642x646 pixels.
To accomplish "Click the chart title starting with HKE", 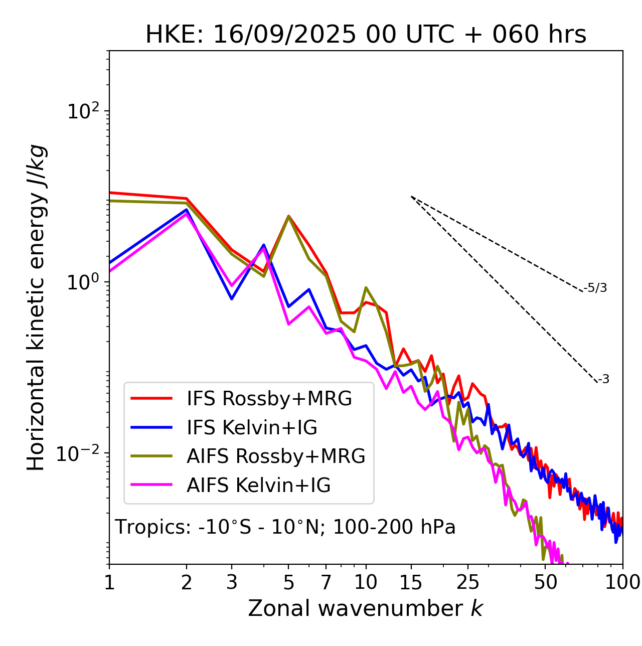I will [366, 35].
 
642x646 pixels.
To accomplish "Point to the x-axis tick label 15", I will [411, 582].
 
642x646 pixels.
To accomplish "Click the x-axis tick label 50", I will [545, 582].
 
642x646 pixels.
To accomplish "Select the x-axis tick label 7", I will [326, 582].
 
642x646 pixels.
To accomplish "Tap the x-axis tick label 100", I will [622, 582].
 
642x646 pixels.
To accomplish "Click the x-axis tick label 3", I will [232, 582].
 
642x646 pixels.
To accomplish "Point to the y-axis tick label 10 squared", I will [83, 111].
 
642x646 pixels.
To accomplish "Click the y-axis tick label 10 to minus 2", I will [80, 453].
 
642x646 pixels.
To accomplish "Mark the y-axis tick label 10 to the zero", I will [83, 282].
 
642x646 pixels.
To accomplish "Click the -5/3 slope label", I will [595, 288].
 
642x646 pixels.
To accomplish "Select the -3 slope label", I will [604, 380].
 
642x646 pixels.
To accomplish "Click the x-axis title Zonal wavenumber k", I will [365, 608].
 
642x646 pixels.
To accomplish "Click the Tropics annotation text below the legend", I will [285, 527].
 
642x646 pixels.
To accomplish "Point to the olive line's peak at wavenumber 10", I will [366, 287].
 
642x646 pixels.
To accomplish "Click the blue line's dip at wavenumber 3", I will [232, 299].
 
